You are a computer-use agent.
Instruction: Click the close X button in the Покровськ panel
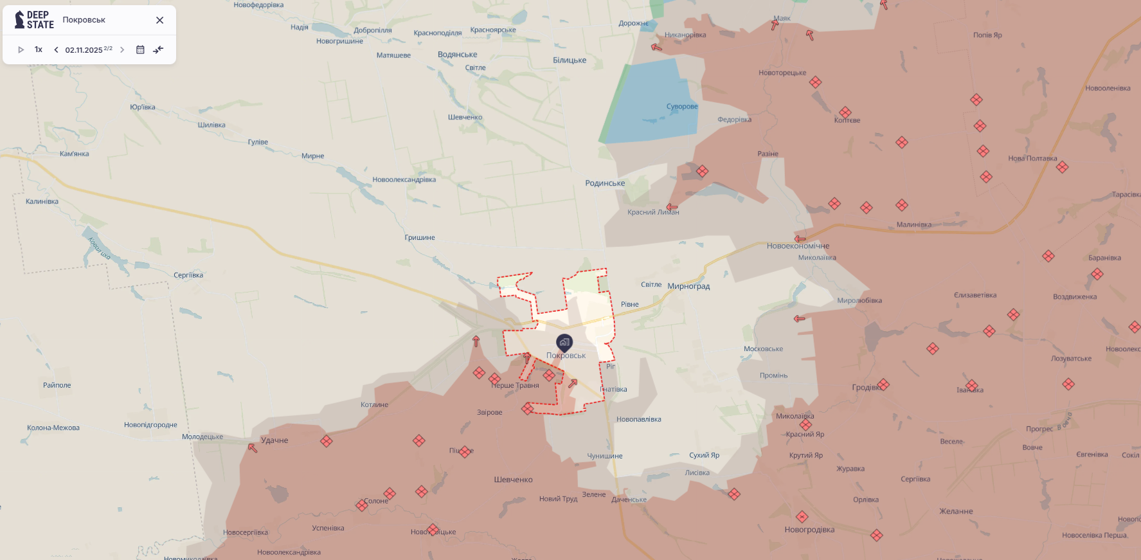pyautogui.click(x=159, y=20)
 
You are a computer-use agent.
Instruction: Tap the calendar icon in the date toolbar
pyautogui.click(x=140, y=50)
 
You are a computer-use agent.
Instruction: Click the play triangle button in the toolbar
pyautogui.click(x=21, y=50)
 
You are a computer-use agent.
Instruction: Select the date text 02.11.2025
pyautogui.click(x=84, y=50)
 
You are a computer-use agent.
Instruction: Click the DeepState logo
pyautogui.click(x=34, y=20)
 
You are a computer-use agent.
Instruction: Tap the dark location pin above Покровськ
pyautogui.click(x=564, y=342)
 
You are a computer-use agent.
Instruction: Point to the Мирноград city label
pyautogui.click(x=688, y=286)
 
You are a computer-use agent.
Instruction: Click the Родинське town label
pyautogui.click(x=605, y=183)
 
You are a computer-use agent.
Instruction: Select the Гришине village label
pyautogui.click(x=420, y=237)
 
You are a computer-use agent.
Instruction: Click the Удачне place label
pyautogui.click(x=274, y=440)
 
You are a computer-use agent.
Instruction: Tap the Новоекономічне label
pyautogui.click(x=798, y=246)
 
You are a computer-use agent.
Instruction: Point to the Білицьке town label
pyautogui.click(x=570, y=60)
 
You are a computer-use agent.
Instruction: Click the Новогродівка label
pyautogui.click(x=809, y=530)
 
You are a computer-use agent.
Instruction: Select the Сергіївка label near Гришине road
pyautogui.click(x=188, y=275)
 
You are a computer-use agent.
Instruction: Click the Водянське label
pyautogui.click(x=457, y=55)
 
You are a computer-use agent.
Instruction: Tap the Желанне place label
pyautogui.click(x=956, y=511)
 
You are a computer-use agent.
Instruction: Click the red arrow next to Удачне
pyautogui.click(x=253, y=447)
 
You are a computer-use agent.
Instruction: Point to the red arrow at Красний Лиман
pyautogui.click(x=672, y=207)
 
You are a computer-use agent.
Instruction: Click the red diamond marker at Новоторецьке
pyautogui.click(x=815, y=82)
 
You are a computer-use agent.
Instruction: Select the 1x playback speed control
pyautogui.click(x=39, y=50)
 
